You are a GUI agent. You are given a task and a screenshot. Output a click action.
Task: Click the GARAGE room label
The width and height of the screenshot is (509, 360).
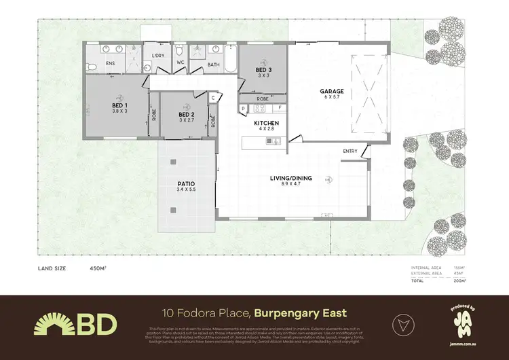click(333, 91)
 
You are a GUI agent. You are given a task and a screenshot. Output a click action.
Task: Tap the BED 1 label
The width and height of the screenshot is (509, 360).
click(120, 105)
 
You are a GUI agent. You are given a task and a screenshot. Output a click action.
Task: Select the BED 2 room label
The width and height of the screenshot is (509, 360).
click(187, 115)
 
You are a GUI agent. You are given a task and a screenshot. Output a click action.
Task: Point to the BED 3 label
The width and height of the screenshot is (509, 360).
click(263, 70)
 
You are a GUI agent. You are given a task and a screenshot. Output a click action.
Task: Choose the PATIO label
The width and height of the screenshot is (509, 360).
click(186, 183)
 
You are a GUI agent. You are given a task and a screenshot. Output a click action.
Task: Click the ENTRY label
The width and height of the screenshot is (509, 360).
click(350, 151)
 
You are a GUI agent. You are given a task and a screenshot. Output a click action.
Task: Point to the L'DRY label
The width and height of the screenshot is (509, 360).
click(158, 56)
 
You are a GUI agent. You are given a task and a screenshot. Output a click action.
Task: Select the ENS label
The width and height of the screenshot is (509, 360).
click(111, 64)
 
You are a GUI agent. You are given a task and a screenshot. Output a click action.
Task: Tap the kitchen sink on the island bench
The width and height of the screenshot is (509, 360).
click(274, 141)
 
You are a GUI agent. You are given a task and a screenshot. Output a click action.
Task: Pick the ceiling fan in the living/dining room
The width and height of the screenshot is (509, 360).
click(329, 179)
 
